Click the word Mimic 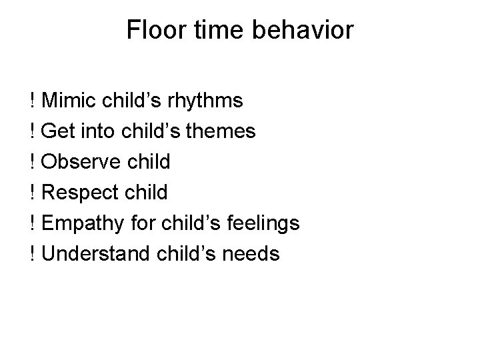coord(69,101)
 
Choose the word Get coord(57,131)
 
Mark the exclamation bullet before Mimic coord(33,101)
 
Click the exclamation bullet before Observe coord(33,162)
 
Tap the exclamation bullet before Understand coord(33,254)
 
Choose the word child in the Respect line coord(147,193)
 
